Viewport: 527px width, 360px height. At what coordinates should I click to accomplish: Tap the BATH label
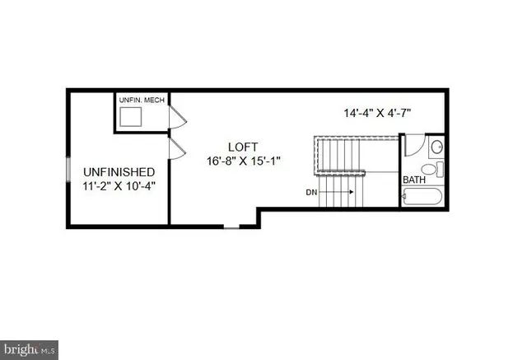coord(414,180)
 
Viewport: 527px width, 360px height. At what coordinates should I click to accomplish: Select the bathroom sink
coord(437,147)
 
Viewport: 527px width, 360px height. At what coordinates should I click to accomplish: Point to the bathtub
coord(423,197)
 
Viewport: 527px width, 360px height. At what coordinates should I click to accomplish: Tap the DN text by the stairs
coord(310,192)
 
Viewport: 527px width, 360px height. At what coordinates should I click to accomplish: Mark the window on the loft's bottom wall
coord(233,226)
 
